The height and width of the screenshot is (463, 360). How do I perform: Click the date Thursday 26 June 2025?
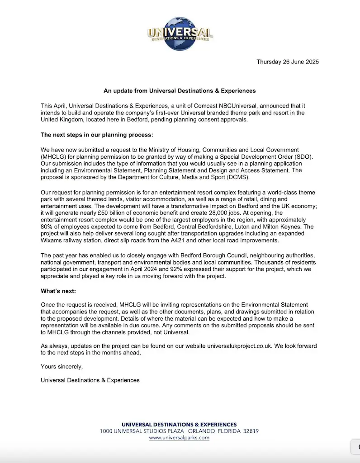click(288, 62)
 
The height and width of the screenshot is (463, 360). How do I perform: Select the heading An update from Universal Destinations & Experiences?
click(180, 90)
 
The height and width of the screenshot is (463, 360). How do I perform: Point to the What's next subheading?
click(58, 292)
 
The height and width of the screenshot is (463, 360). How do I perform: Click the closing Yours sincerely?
click(62, 366)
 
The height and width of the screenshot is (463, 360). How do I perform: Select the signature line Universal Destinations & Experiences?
click(90, 380)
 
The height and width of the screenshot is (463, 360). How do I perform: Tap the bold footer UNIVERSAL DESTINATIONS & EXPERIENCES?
click(179, 425)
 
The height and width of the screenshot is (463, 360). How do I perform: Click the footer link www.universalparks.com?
click(179, 438)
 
